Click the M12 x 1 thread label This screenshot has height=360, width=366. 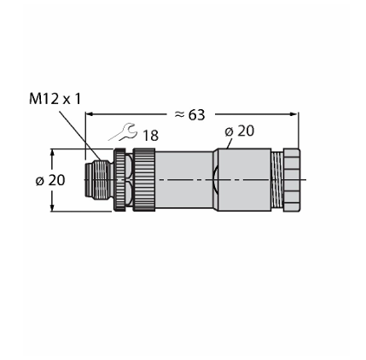pos(55,99)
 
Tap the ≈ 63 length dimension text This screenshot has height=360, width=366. pos(189,115)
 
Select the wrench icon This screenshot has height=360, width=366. pos(123,131)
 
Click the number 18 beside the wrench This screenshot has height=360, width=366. pos(150,136)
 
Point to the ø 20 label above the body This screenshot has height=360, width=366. pos(240,131)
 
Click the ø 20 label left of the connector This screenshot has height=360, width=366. pos(50,180)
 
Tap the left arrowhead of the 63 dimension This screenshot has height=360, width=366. pos(90,114)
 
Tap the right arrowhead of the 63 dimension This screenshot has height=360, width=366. pos(293,114)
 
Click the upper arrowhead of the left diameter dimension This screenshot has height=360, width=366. pos(52,153)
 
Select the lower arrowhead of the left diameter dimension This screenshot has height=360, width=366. pos(52,207)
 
